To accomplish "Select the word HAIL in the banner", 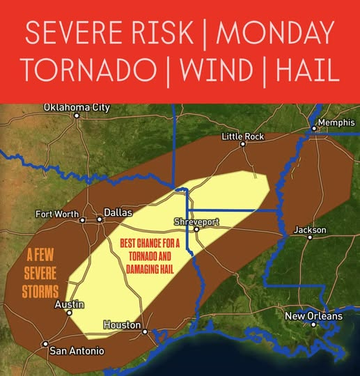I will click(306, 70).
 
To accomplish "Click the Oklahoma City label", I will click(77, 107).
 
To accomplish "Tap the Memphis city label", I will click(336, 123).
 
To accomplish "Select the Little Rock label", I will click(243, 136).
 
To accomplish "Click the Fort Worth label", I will click(57, 214).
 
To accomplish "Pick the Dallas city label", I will click(118, 212).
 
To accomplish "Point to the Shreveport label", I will click(196, 221).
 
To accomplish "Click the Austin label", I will click(70, 304).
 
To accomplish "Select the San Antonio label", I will click(77, 350).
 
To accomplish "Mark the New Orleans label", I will click(314, 317).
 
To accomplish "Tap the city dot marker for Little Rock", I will click(243, 145).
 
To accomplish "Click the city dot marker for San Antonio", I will click(45, 343).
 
